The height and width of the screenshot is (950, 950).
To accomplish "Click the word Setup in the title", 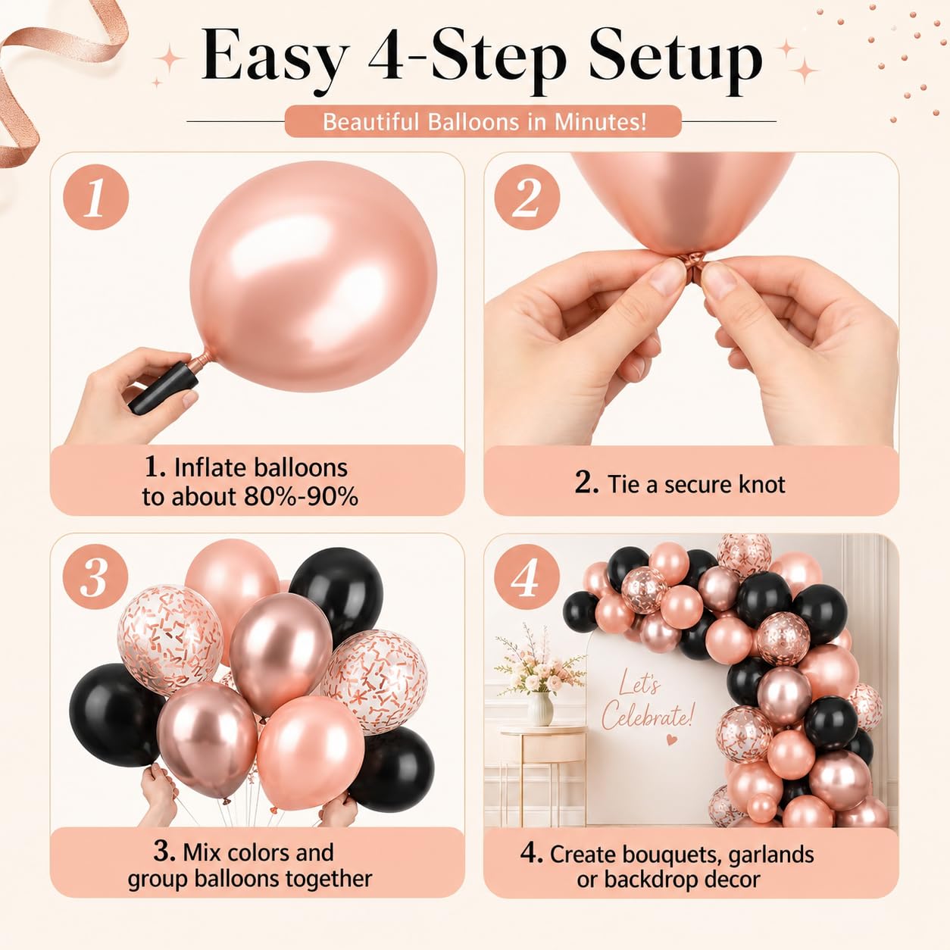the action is click(675, 60).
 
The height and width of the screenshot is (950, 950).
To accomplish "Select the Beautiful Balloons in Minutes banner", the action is click(483, 121).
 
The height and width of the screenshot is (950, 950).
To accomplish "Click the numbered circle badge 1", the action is click(96, 197).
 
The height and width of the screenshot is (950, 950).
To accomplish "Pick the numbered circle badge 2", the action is click(527, 197).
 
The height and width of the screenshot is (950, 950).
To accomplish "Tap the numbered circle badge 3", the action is click(95, 577).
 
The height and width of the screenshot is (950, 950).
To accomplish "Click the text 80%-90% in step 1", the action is click(301, 496).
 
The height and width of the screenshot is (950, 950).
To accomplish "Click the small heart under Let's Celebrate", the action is click(670, 739).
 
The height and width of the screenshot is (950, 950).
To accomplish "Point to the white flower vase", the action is click(540, 709).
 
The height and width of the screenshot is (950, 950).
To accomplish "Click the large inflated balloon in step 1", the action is click(314, 276).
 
